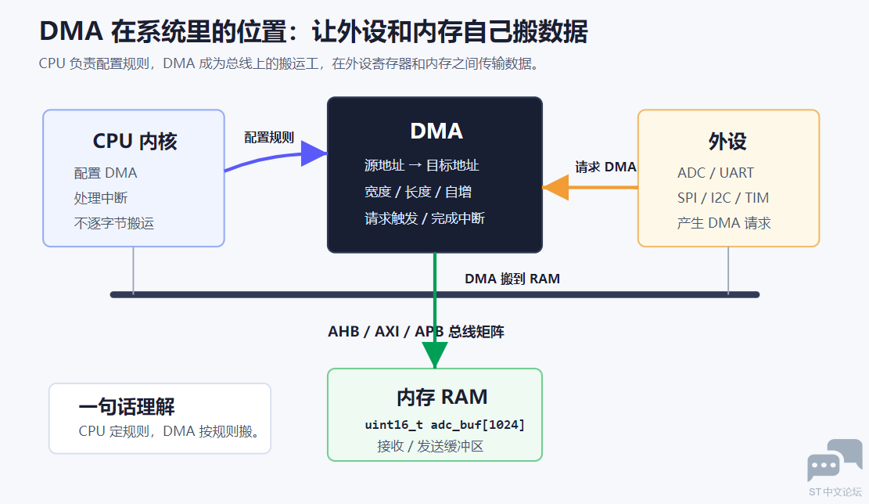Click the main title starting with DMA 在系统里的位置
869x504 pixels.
313,31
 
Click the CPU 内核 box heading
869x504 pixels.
135,142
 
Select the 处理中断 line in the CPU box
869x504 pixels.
101,198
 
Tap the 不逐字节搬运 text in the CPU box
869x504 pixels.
114,224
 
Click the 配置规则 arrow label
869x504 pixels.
269,138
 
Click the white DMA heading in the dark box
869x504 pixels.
436,131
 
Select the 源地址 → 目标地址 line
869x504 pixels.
421,165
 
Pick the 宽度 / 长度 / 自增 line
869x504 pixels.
418,192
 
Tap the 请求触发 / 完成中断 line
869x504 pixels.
425,218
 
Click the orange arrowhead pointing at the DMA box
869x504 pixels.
555,187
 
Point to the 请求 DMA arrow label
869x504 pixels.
605,167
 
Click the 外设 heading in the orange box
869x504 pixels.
727,142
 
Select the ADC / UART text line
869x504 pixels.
716,173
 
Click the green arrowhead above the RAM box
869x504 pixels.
435,355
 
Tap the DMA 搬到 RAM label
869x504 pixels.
512,279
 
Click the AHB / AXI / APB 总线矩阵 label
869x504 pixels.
415,332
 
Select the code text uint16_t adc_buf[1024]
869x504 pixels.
444,425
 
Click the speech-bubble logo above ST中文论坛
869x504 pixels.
835,460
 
